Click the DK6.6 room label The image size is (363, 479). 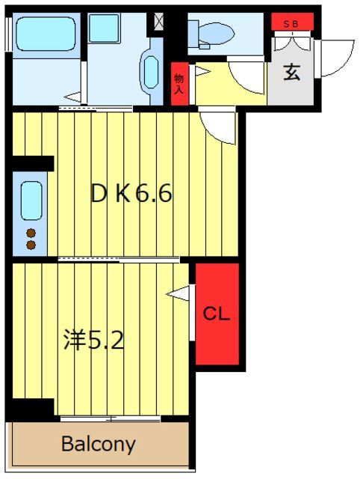[131, 195]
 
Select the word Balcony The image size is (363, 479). [98, 445]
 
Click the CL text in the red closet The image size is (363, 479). [217, 313]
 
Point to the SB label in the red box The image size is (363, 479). [293, 24]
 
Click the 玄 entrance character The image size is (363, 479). [292, 74]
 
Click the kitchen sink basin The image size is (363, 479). [31, 201]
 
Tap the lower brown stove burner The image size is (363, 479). [31, 244]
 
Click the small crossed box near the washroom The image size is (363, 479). [158, 21]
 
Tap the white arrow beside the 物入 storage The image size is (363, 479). [201, 72]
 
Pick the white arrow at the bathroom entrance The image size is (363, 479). [72, 96]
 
